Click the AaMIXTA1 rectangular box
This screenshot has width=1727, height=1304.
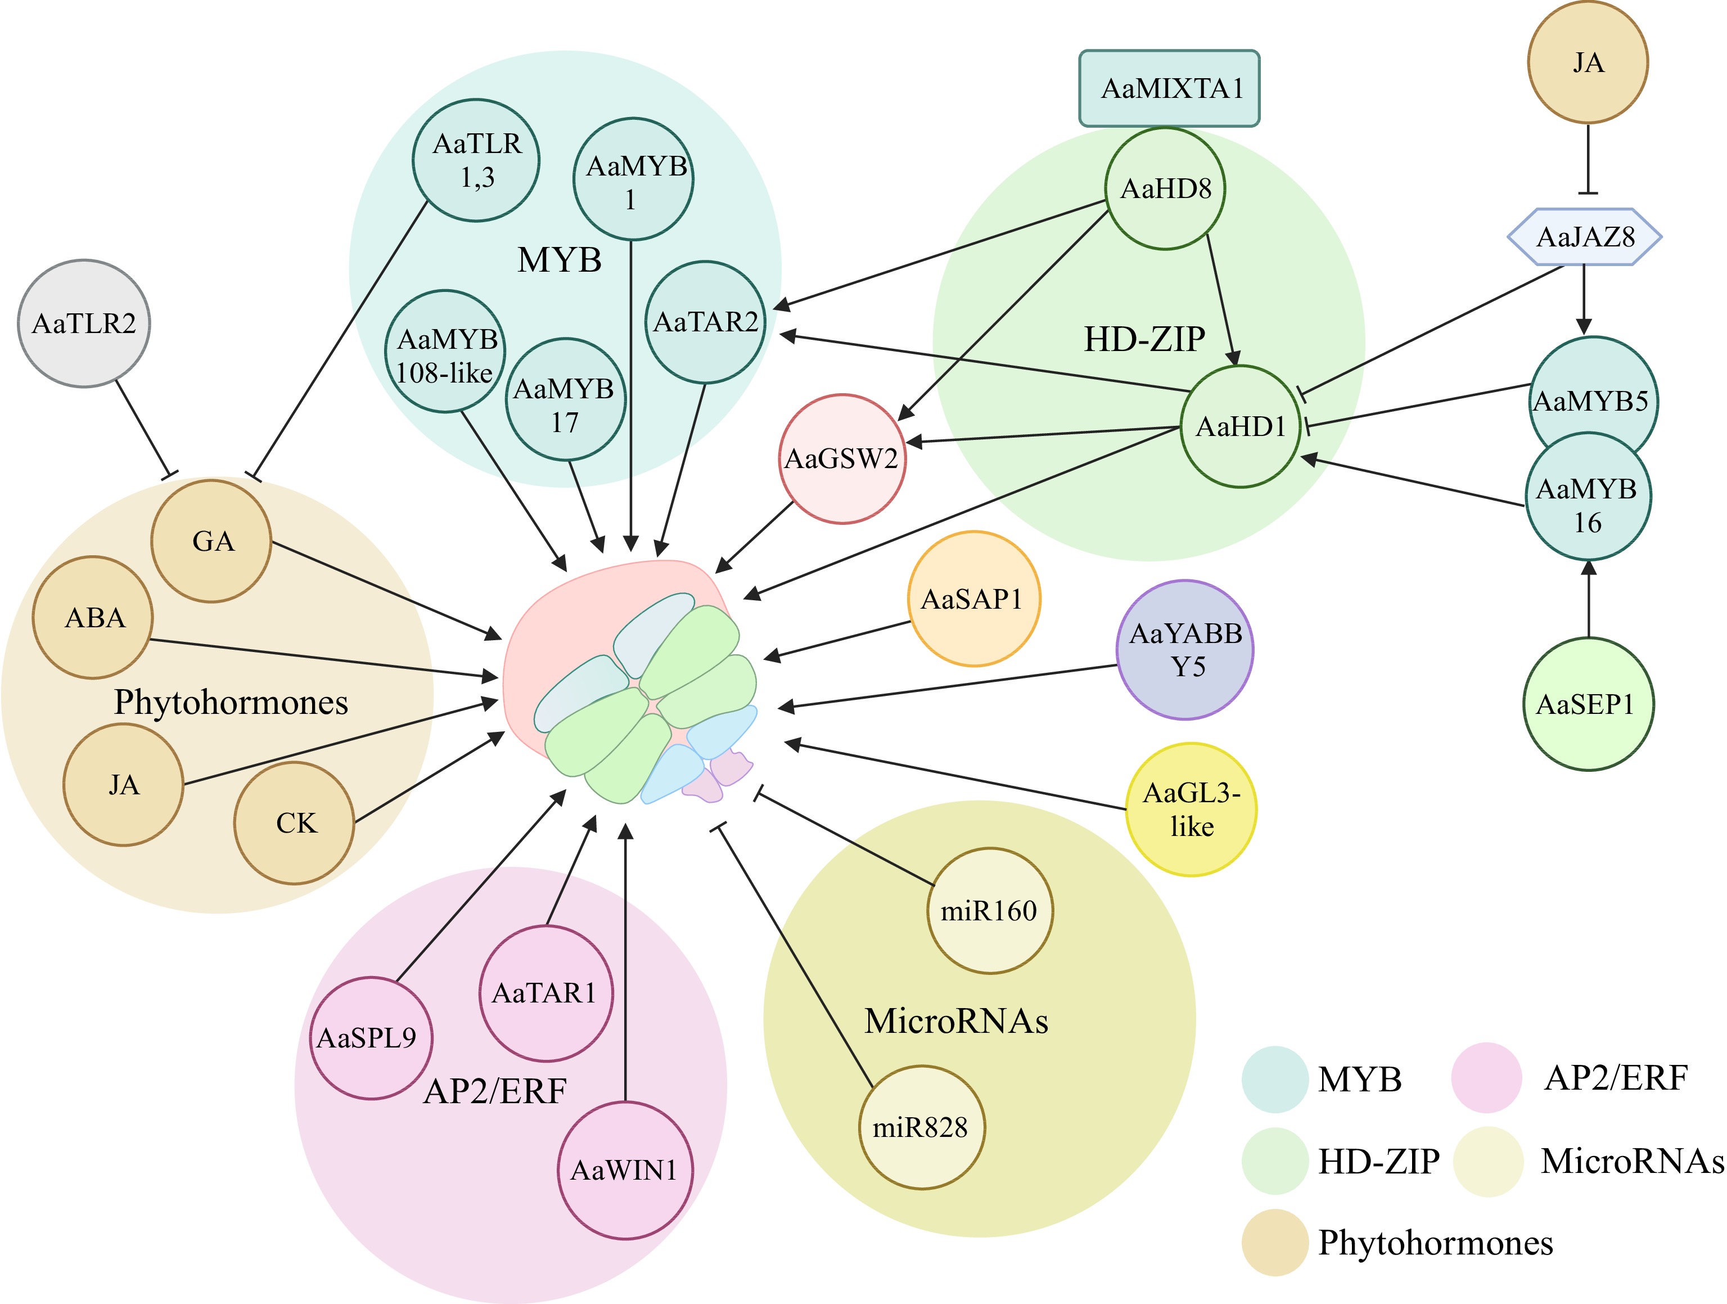[1169, 88]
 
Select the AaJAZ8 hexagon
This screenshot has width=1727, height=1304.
[1584, 237]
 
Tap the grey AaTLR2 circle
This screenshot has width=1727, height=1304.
[84, 323]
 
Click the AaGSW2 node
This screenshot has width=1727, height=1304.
[842, 458]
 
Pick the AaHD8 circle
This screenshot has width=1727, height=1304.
[1165, 188]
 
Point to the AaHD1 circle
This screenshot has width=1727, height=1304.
[1240, 426]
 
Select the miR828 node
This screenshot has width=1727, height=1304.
[921, 1127]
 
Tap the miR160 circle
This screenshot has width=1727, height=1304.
[989, 910]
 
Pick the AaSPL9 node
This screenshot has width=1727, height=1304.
[369, 1038]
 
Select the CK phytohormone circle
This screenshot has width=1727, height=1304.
[294, 823]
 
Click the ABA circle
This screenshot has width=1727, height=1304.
[93, 618]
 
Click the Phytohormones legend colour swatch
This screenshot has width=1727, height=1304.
[1274, 1242]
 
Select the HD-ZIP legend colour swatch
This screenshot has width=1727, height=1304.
[1274, 1161]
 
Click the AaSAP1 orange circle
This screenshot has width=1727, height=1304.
[973, 599]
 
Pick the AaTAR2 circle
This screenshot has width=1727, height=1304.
[705, 322]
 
